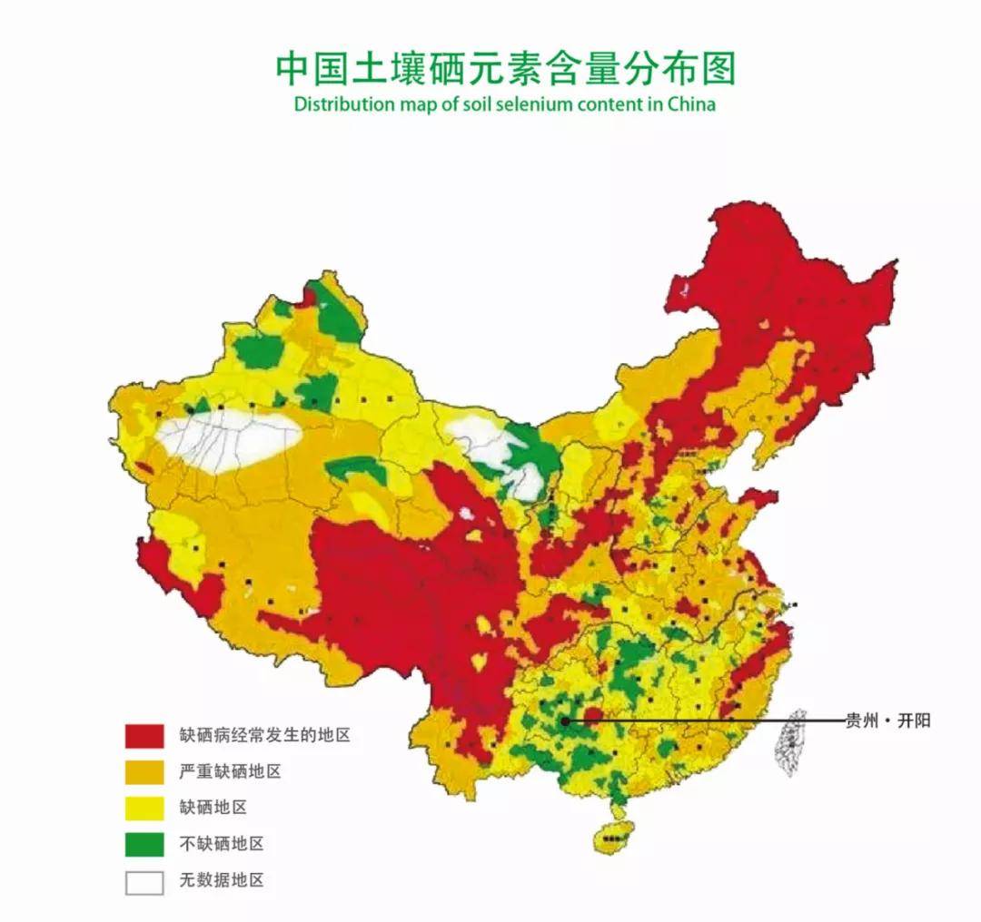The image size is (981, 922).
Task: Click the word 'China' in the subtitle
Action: (x=691, y=103)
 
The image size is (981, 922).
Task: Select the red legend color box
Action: (x=144, y=735)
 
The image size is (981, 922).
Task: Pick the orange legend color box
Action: (x=144, y=771)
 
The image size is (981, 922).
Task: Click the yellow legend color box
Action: (x=144, y=808)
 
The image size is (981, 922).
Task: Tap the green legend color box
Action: (x=144, y=844)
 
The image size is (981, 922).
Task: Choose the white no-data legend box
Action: (x=144, y=882)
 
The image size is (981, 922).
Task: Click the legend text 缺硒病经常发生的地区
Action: (x=264, y=735)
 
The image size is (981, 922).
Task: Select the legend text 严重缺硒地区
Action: (x=230, y=772)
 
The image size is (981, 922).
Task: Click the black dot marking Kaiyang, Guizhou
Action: (x=565, y=721)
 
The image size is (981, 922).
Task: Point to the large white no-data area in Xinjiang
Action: (x=227, y=437)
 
